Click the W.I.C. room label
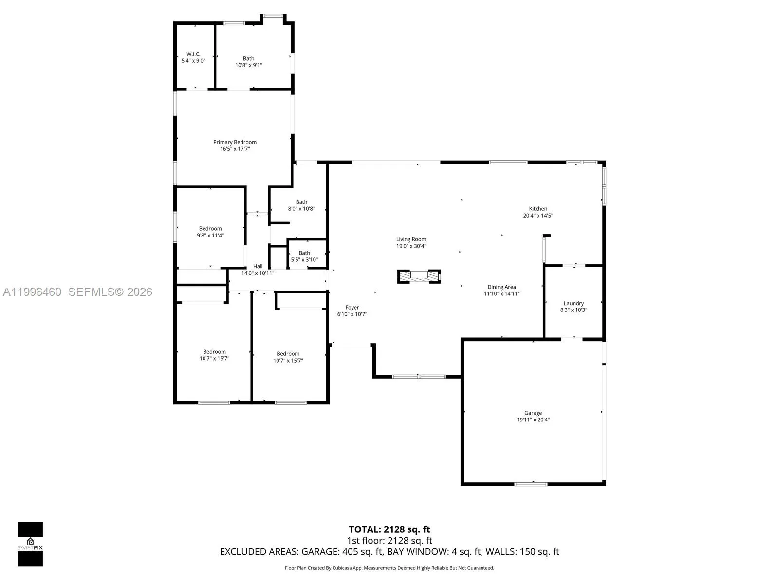(193, 54)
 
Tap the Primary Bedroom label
(235, 142)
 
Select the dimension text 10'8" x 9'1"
(248, 65)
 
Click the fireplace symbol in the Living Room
(419, 276)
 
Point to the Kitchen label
(538, 209)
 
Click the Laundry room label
(574, 303)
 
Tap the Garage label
(533, 413)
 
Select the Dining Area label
(501, 287)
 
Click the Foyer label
(352, 308)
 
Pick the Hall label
(258, 266)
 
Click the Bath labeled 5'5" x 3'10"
(304, 253)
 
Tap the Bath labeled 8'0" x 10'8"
(301, 202)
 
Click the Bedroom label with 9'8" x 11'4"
(210, 229)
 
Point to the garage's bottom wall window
(531, 484)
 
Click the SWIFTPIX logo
(30, 544)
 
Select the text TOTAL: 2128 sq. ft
(389, 529)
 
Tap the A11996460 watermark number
(32, 292)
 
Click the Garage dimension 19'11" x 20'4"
(533, 420)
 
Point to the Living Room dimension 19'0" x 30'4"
(411, 246)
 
